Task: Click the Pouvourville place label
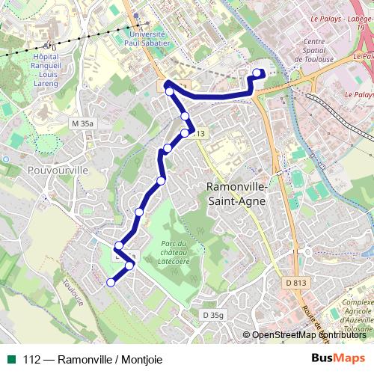pos(36,171)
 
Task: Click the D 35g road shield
pos(212,316)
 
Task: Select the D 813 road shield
pos(297,282)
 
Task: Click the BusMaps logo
pos(339,358)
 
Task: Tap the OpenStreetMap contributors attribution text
pos(309,335)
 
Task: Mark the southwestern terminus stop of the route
pos(111,282)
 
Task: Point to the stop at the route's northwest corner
pos(170,91)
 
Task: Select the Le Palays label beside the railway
pos(359,95)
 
